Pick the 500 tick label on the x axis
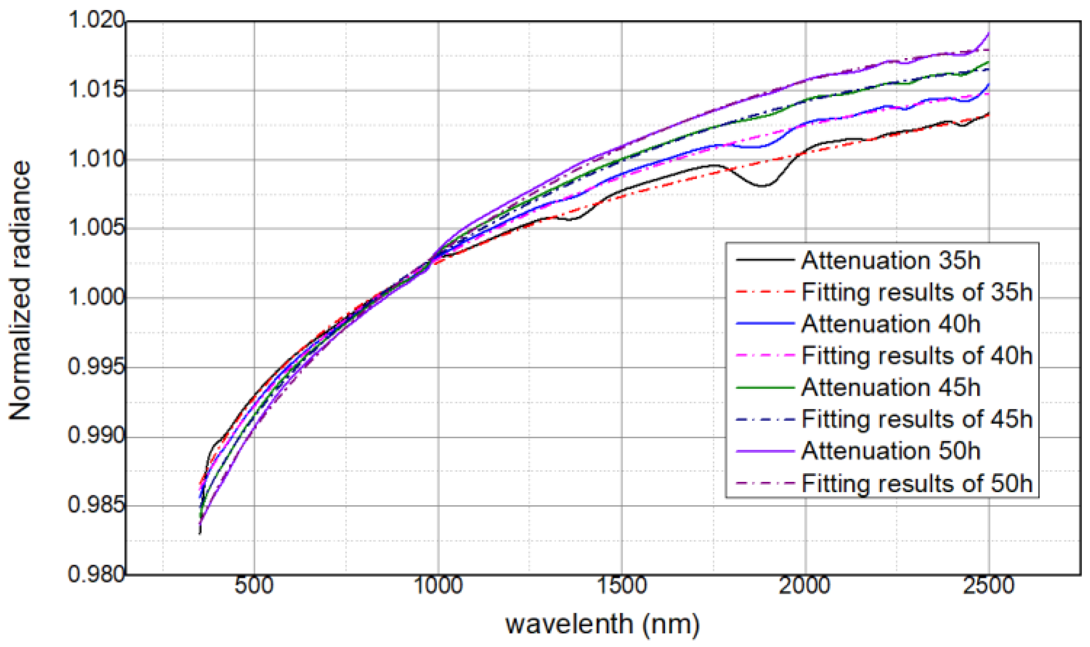[254, 585]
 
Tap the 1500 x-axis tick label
[622, 585]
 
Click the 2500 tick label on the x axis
[988, 585]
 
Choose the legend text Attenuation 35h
[891, 261]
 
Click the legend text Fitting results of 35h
[917, 292]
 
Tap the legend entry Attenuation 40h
[891, 323]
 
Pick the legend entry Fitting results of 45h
[917, 419]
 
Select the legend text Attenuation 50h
[891, 451]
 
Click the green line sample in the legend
[765, 387]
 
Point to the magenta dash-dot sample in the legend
[765, 355]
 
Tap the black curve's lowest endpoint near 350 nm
[200, 533]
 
